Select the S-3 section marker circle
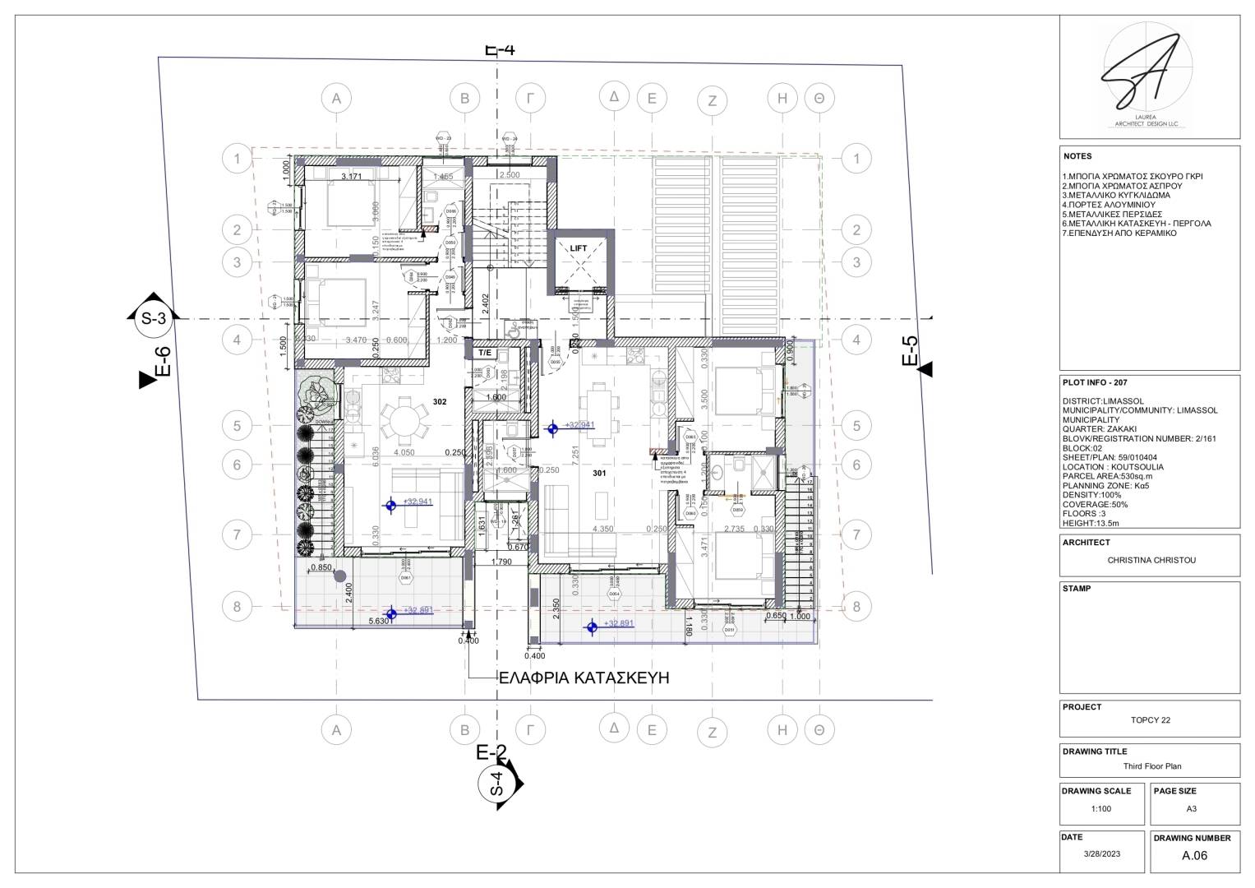pos(150,318)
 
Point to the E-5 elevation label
pos(911,352)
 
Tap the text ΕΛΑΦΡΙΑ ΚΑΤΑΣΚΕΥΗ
pos(584,678)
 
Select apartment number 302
pos(440,402)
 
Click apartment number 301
pos(599,474)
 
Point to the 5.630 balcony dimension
pos(378,622)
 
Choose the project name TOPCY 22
pos(1150,720)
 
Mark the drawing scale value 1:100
pos(1101,809)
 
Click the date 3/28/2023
pos(1101,854)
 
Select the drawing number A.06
pos(1194,855)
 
